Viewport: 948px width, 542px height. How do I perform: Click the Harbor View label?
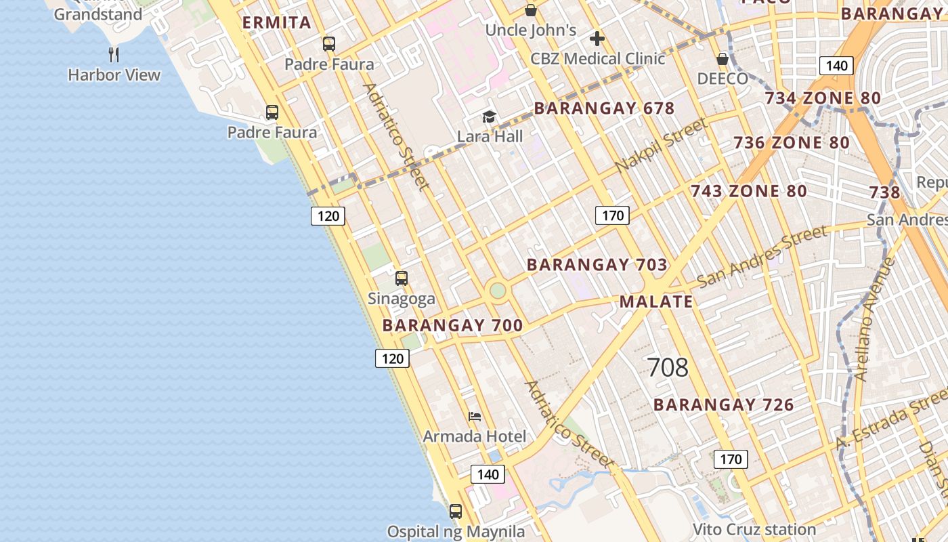click(x=114, y=75)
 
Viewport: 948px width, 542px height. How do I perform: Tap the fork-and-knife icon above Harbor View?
click(x=114, y=54)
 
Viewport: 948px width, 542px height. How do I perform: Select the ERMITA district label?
click(x=276, y=22)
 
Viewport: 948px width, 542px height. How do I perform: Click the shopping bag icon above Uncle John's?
click(x=531, y=10)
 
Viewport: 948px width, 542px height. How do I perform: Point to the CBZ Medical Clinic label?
click(x=598, y=59)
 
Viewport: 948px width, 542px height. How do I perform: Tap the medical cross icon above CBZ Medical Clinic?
click(x=597, y=39)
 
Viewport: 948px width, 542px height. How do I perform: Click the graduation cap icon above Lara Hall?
click(x=489, y=117)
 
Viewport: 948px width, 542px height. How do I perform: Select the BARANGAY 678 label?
click(x=604, y=108)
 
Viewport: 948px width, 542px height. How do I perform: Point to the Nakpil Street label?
click(x=662, y=145)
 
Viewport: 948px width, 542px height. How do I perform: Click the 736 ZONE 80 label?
click(x=792, y=143)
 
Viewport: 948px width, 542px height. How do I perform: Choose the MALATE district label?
click(x=656, y=301)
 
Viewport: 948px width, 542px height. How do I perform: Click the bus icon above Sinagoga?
click(x=402, y=278)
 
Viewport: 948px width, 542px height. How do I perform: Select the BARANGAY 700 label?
click(x=452, y=325)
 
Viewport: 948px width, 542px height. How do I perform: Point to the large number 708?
click(x=668, y=367)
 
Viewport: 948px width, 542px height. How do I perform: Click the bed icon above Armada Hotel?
click(x=475, y=416)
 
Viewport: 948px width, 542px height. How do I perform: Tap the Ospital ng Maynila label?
click(x=456, y=531)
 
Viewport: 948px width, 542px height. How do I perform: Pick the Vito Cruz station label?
click(x=754, y=529)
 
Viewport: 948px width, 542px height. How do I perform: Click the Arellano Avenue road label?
click(x=874, y=319)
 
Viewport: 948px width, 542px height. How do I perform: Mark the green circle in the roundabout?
click(x=498, y=290)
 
